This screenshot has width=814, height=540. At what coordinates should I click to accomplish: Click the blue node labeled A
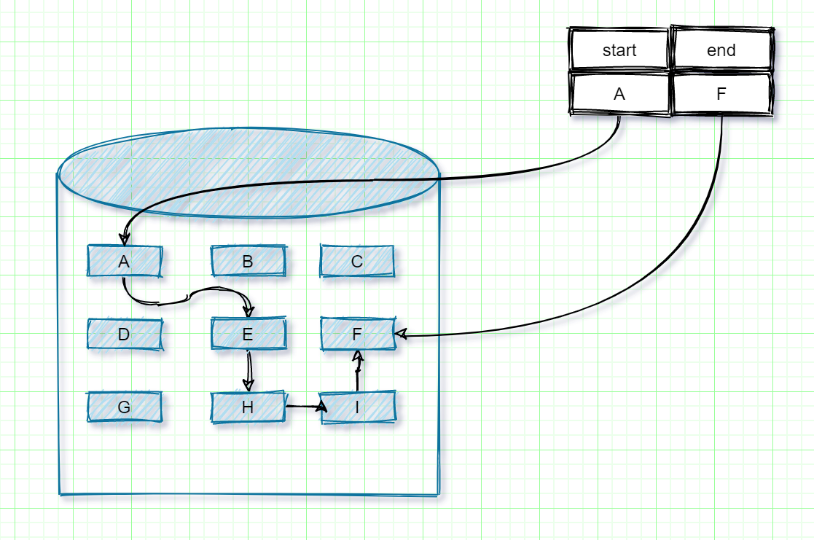[124, 261]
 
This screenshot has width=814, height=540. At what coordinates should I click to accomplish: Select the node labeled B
[248, 261]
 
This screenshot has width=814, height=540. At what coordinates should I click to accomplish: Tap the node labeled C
[357, 261]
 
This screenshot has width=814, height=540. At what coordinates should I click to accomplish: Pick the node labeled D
[124, 334]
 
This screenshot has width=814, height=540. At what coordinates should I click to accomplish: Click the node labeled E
[248, 334]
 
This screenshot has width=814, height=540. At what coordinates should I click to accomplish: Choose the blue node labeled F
[357, 334]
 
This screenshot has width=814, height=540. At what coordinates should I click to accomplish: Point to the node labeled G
[124, 407]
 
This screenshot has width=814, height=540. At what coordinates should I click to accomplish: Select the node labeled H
[248, 407]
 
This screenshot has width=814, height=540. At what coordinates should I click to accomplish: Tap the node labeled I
[357, 407]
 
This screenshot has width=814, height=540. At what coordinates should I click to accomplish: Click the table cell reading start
[619, 50]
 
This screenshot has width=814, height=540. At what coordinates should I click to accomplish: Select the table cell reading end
[721, 50]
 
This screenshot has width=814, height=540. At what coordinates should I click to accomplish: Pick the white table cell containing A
[619, 94]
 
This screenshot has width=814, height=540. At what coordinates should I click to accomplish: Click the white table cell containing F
[721, 94]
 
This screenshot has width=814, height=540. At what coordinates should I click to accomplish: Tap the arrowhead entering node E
[248, 310]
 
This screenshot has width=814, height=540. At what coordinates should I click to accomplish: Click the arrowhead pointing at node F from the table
[401, 334]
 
